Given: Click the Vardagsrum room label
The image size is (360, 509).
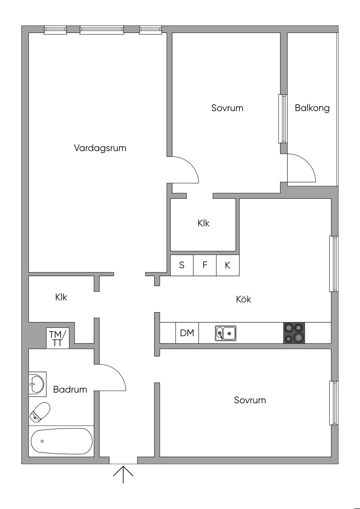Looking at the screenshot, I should (100, 148).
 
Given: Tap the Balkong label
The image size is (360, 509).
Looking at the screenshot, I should (312, 108).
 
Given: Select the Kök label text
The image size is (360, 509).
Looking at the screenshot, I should (244, 299).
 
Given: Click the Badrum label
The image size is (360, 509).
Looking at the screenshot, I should (70, 389).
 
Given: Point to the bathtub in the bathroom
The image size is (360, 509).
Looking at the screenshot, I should (62, 441).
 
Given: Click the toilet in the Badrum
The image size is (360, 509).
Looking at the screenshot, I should (40, 412).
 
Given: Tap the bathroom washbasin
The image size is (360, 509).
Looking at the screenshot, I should (37, 384).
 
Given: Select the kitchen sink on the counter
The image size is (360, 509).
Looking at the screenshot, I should (226, 333).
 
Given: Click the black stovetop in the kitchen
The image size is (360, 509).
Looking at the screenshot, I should (294, 333).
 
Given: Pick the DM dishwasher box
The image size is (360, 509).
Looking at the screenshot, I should (187, 333).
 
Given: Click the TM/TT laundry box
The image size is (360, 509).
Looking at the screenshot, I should (58, 339).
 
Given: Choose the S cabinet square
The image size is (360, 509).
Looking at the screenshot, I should (182, 265).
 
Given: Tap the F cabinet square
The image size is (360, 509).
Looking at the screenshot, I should (205, 265).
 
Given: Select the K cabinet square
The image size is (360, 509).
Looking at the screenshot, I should (227, 265).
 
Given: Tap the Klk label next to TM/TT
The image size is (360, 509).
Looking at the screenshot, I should (61, 297).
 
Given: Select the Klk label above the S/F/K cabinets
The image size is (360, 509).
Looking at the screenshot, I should (204, 223).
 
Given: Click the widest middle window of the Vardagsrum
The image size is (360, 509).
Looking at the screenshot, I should (102, 30).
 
